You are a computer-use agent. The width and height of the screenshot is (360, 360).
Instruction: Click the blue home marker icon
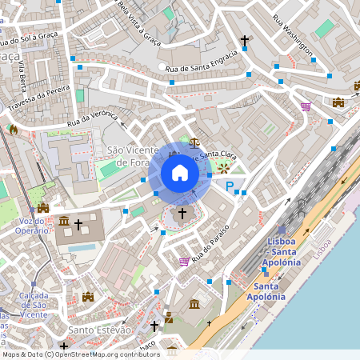click(x=180, y=173)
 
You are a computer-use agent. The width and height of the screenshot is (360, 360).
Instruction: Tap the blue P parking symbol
click(x=230, y=186)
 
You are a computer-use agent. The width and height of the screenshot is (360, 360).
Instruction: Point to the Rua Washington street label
click(x=291, y=30)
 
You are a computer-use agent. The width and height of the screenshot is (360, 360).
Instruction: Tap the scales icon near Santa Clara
click(x=194, y=142)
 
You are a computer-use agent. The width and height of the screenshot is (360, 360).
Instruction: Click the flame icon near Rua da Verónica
click(x=12, y=129)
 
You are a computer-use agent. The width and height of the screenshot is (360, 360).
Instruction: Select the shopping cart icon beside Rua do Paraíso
click(x=184, y=261)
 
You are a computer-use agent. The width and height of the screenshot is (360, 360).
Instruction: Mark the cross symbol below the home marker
click(x=182, y=214)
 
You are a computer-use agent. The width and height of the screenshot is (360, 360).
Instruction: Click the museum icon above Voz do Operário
click(x=42, y=207)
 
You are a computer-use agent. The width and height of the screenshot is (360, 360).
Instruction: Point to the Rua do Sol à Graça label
click(x=27, y=38)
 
